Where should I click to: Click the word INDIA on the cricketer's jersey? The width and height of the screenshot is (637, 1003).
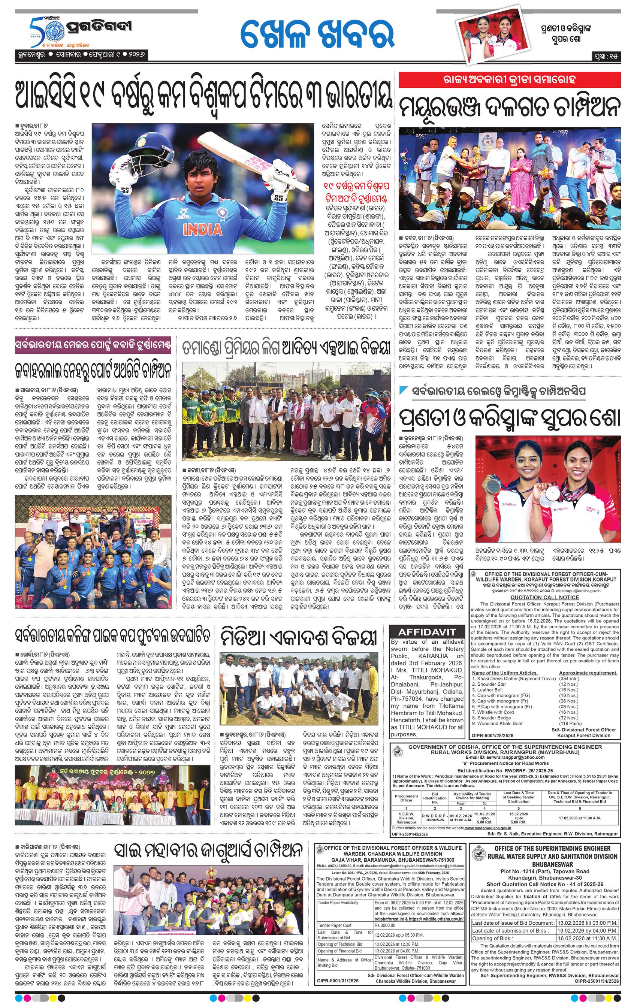pyautogui.click(x=202, y=229)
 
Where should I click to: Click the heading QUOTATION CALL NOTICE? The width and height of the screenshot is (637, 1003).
pyautogui.click(x=544, y=597)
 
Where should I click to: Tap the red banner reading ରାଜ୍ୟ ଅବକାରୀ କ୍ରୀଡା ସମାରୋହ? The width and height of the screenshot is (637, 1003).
pyautogui.click(x=509, y=79)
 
